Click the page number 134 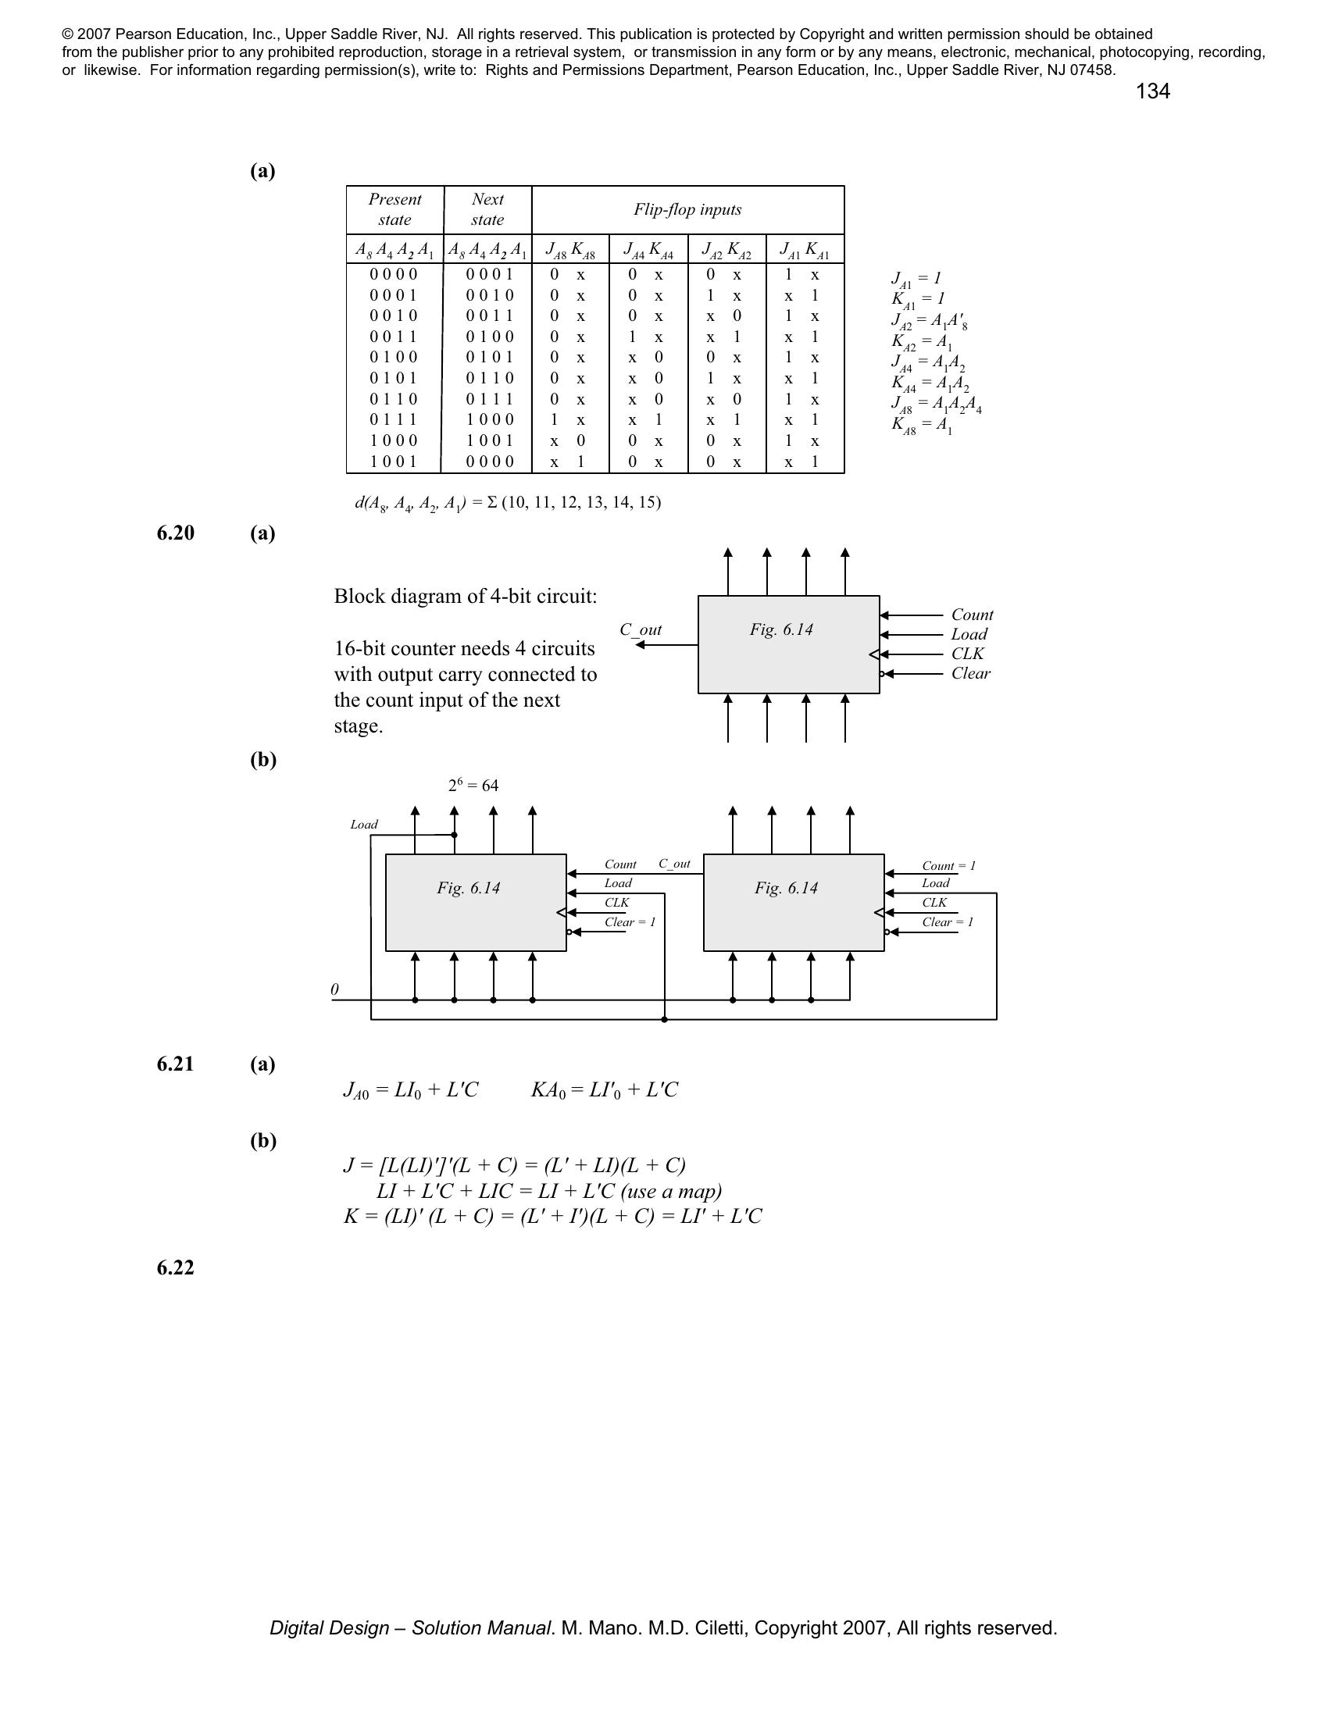click(x=1151, y=92)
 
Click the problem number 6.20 click(x=176, y=533)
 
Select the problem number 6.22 click(x=176, y=1267)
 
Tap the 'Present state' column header click(x=394, y=210)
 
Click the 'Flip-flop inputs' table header click(x=687, y=210)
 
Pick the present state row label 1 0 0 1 click(x=394, y=462)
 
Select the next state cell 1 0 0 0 click(x=488, y=420)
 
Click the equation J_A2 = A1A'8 click(x=923, y=321)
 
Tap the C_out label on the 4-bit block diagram click(x=641, y=630)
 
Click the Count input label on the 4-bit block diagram click(x=972, y=615)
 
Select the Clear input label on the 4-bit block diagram click(x=970, y=673)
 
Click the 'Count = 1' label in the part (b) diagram click(x=948, y=866)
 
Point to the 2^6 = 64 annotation click(x=473, y=785)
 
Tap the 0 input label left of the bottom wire click(x=335, y=989)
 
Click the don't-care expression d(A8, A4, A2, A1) click(x=508, y=503)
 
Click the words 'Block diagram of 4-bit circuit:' click(x=465, y=597)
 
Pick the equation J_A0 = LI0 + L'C click(x=411, y=1090)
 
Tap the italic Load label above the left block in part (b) click(x=363, y=825)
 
